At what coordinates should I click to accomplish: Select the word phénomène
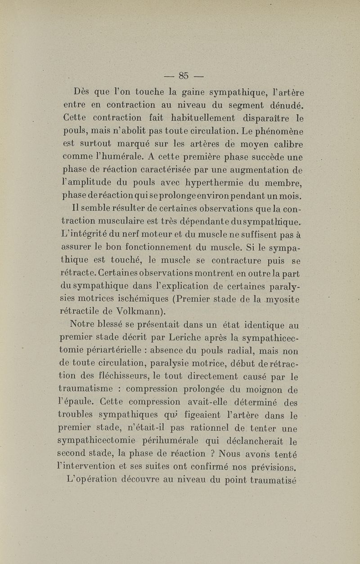click(x=279, y=132)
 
